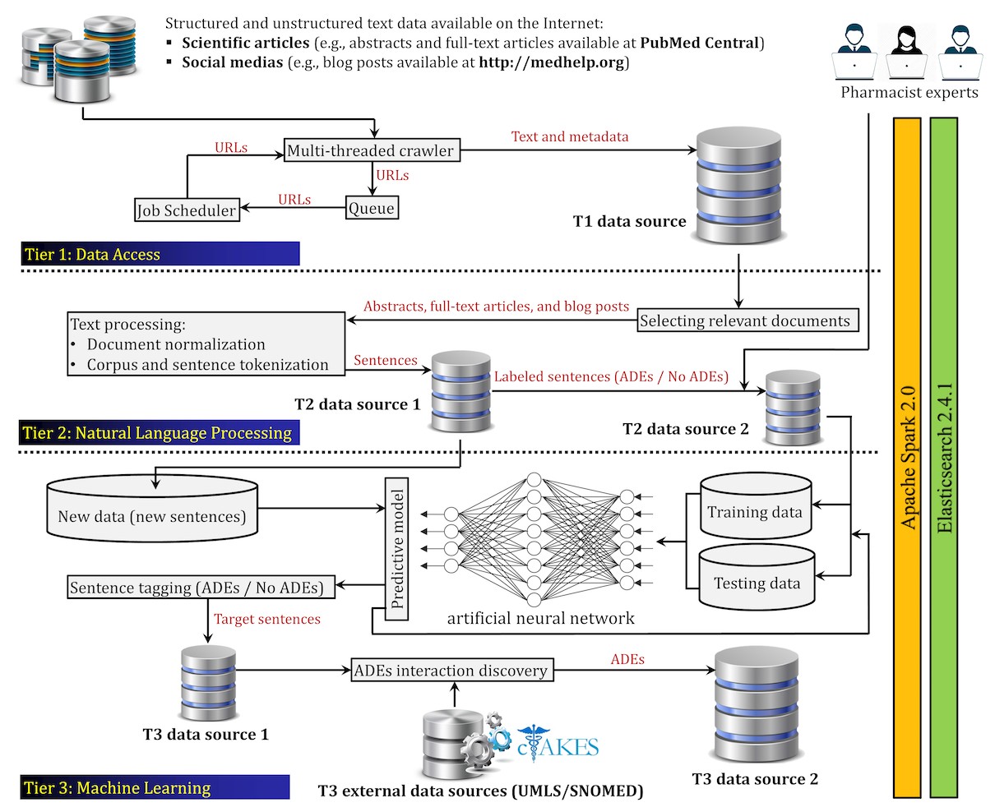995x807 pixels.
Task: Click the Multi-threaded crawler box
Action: [371, 150]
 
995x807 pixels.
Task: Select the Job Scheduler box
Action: [187, 210]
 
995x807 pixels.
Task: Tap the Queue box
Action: [372, 208]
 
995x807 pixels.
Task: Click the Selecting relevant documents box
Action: [745, 320]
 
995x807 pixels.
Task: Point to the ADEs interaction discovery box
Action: [451, 671]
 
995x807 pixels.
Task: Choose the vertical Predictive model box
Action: [396, 549]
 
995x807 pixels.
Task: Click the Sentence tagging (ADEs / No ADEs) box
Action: [197, 588]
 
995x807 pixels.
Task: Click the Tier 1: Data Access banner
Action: [160, 254]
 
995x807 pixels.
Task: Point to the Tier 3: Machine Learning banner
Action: [155, 787]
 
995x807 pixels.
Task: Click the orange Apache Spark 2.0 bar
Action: [907, 458]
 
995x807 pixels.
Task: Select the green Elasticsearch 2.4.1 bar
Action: [944, 458]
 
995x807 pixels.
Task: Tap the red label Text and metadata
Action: [570, 137]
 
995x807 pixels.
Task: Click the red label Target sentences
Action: [267, 619]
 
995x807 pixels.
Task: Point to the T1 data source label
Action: [629, 221]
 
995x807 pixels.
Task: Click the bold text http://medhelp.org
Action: [552, 62]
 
